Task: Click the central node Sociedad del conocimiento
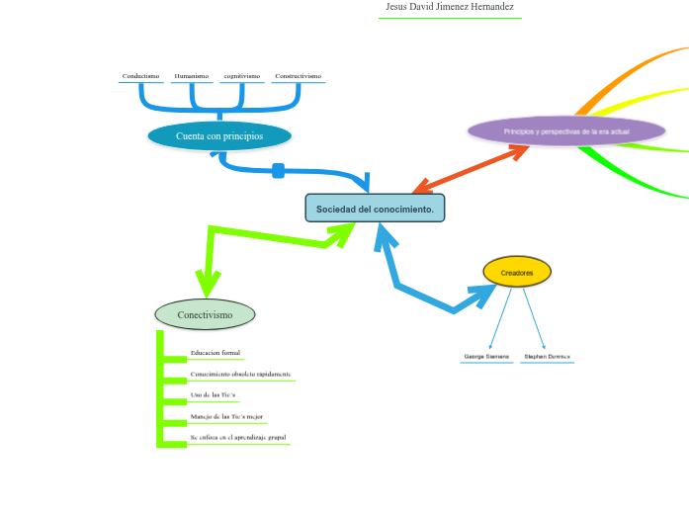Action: tap(375, 209)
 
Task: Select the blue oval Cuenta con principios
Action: tap(219, 136)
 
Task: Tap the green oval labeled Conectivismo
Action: tap(205, 314)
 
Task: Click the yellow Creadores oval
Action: tap(516, 272)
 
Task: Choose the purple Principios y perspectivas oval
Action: tap(565, 131)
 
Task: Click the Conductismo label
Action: tap(140, 76)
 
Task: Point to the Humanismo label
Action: tap(191, 76)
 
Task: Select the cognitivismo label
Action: tap(242, 76)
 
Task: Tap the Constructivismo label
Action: tap(298, 76)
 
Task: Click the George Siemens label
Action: tap(486, 356)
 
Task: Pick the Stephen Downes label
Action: tap(547, 356)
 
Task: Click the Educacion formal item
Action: tap(215, 353)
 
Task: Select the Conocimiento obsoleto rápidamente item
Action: tap(240, 375)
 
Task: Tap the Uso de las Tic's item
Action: tap(213, 395)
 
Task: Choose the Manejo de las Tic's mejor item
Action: tap(226, 417)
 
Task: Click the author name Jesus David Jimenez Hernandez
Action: tap(449, 7)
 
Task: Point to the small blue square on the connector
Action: tap(278, 171)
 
